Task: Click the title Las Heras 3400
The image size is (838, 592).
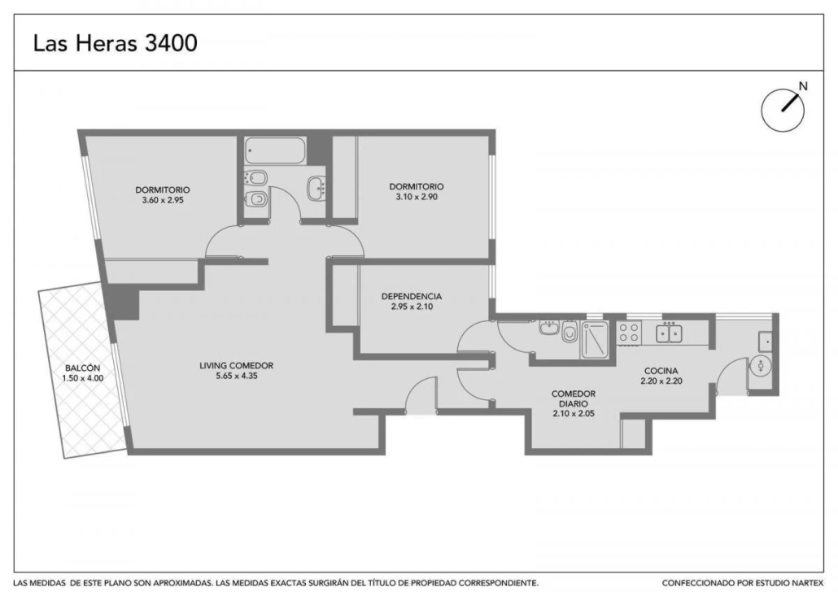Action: coord(115,43)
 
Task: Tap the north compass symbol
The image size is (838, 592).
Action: coord(783,110)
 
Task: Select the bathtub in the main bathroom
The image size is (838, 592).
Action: coord(275,150)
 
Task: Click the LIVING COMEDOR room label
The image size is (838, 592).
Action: coord(236,366)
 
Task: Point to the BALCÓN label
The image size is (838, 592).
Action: coord(83,368)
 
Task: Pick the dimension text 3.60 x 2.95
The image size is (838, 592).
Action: coord(163,200)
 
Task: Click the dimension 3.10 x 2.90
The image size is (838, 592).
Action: coord(417,197)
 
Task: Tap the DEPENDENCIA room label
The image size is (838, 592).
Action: coord(412,296)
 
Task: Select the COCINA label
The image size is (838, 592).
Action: coord(661,371)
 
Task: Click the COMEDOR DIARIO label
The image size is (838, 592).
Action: coord(574,398)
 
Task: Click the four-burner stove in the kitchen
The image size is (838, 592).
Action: coord(629,333)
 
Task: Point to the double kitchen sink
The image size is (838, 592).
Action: coord(669,333)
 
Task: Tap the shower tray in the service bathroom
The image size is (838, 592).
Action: coord(594,339)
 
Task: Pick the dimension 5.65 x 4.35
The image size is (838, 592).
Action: coord(236,377)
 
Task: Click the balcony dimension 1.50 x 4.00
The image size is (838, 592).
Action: coord(83,378)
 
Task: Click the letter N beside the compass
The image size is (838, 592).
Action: coord(803,86)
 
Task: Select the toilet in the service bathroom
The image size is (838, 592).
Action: coord(570,332)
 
